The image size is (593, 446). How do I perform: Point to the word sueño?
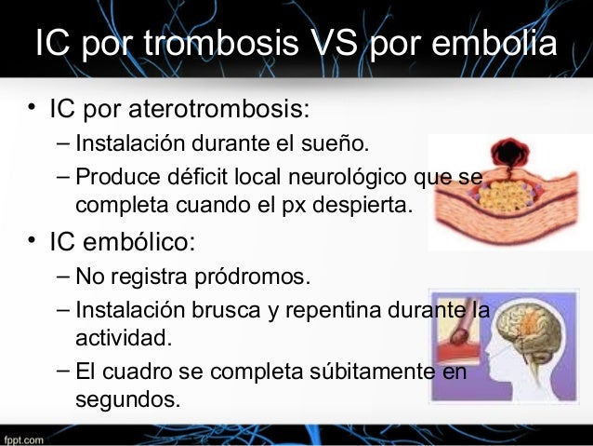click(341, 145)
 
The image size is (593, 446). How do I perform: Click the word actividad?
click(124, 335)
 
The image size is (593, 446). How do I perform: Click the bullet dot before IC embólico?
click(31, 243)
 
